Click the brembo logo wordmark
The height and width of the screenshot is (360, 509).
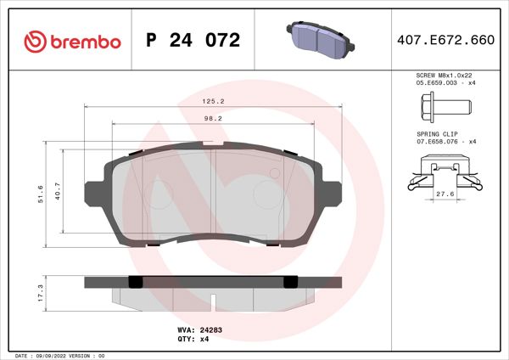pyautogui.click(x=83, y=41)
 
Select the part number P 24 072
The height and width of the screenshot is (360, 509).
pyautogui.click(x=194, y=41)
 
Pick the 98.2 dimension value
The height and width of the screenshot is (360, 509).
pyautogui.click(x=213, y=119)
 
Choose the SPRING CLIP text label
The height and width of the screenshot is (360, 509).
pyautogui.click(x=436, y=134)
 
